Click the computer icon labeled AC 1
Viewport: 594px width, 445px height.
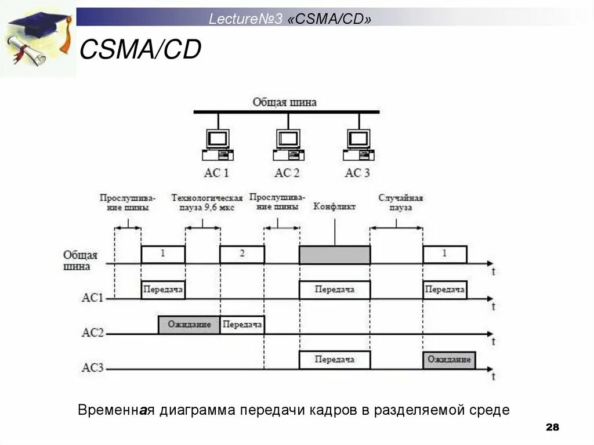click(x=218, y=144)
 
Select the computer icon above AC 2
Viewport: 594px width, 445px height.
click(x=288, y=144)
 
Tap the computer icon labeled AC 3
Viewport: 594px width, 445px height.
click(x=358, y=144)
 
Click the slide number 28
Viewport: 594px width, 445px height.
click(x=552, y=428)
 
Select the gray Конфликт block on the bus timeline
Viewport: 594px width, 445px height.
click(x=335, y=255)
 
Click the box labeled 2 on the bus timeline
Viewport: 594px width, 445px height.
click(x=242, y=254)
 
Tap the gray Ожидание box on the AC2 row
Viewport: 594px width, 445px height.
click(x=189, y=325)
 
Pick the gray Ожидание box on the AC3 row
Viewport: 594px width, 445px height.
click(x=449, y=360)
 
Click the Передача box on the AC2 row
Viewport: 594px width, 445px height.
click(x=242, y=325)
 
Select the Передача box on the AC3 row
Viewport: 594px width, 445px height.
click(x=335, y=360)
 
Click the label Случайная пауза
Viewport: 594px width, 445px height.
click(x=400, y=202)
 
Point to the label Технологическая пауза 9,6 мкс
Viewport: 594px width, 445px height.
click(x=207, y=202)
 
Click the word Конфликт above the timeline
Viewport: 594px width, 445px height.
click(x=334, y=207)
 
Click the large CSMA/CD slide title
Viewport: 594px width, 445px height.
click(x=140, y=50)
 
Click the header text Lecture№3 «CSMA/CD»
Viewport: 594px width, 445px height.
click(x=290, y=19)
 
